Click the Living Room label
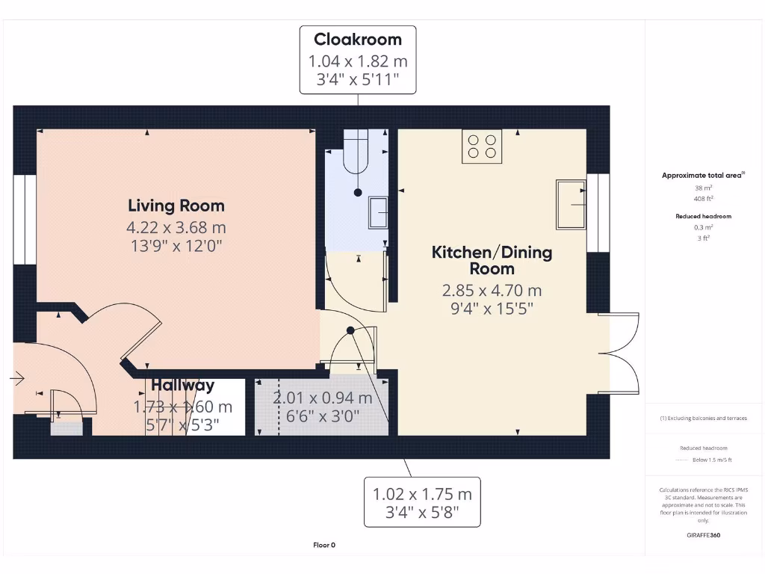(176, 206)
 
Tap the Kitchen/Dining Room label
(492, 260)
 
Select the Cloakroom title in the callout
(357, 40)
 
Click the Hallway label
(183, 386)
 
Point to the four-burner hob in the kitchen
(482, 146)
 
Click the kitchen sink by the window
(571, 204)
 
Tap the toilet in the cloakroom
(356, 154)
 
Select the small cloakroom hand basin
(377, 213)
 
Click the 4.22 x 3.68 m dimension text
(176, 227)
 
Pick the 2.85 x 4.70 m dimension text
(492, 291)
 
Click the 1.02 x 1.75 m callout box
(422, 503)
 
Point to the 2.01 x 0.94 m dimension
(322, 398)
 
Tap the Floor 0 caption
(323, 545)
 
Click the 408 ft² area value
(704, 199)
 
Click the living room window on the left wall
(25, 220)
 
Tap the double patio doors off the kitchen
(624, 353)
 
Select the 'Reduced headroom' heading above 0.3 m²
(704, 216)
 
